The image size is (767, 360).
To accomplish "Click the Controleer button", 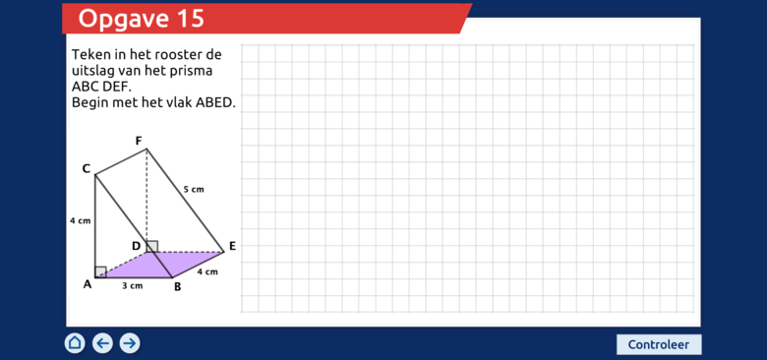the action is [659, 344].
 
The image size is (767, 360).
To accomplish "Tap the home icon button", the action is [75, 343].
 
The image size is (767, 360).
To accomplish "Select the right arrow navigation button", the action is [130, 343].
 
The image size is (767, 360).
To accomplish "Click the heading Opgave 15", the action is [141, 19].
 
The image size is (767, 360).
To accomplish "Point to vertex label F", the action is [139, 142].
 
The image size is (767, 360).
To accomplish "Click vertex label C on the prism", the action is [87, 169].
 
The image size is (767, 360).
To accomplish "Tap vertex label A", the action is [88, 284].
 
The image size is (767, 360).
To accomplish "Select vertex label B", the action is [178, 287].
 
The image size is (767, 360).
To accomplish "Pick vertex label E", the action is [233, 247].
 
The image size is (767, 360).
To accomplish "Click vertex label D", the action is [137, 246].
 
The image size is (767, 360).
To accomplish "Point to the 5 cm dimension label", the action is [194, 189].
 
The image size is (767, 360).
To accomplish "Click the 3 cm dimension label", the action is [132, 285].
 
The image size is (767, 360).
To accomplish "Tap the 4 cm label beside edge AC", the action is [81, 220].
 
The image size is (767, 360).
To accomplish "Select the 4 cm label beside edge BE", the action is [207, 271].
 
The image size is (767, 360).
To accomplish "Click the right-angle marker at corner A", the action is [100, 271].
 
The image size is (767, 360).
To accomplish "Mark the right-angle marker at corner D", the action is [152, 247].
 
